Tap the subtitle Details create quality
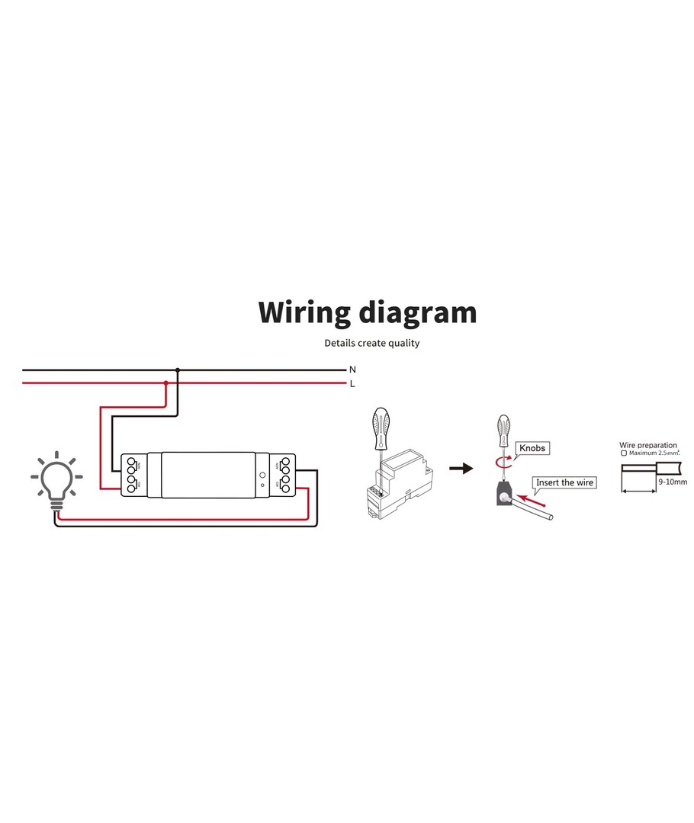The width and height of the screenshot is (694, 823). pyautogui.click(x=371, y=343)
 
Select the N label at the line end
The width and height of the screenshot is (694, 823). pyautogui.click(x=352, y=370)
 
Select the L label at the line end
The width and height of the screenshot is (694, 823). pyautogui.click(x=352, y=383)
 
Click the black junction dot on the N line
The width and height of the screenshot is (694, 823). pyautogui.click(x=178, y=370)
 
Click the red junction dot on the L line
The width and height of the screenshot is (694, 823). pyautogui.click(x=165, y=383)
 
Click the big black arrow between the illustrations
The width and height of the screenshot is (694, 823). pyautogui.click(x=461, y=468)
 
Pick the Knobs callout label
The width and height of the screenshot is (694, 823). pyautogui.click(x=532, y=448)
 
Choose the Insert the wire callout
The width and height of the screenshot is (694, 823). pyautogui.click(x=564, y=482)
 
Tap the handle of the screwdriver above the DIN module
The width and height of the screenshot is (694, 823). pyautogui.click(x=379, y=428)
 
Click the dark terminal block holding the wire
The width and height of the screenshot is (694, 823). pyautogui.click(x=504, y=495)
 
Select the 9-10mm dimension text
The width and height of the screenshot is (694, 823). pyautogui.click(x=673, y=482)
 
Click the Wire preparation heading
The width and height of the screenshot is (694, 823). pyautogui.click(x=648, y=445)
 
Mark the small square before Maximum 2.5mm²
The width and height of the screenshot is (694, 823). pyautogui.click(x=624, y=453)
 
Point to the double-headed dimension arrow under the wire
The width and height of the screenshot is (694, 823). pyautogui.click(x=640, y=492)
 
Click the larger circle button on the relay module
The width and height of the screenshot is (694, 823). pyautogui.click(x=262, y=474)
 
